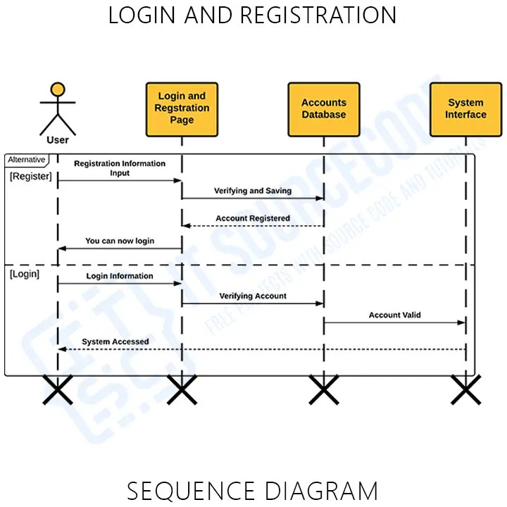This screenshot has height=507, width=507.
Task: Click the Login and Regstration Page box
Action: (182, 109)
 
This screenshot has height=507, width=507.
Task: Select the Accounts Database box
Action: (324, 109)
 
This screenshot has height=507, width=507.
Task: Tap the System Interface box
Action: (465, 109)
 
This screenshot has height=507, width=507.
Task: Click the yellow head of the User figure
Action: (58, 89)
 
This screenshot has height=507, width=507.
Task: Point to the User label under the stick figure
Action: (58, 140)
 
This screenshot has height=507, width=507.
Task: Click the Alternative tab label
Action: (27, 160)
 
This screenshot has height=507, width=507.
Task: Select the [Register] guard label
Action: (31, 177)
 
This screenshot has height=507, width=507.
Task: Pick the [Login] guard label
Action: (25, 274)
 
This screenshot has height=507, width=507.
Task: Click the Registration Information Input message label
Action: (120, 168)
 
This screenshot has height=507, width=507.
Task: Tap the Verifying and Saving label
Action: (253, 191)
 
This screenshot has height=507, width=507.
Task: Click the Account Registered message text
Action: (253, 218)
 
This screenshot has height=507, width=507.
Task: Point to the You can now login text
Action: (120, 241)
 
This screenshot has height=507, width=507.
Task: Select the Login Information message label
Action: (120, 276)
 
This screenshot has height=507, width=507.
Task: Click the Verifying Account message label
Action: (253, 296)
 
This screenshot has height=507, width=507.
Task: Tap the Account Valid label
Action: (395, 315)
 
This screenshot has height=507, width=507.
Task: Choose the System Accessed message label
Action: (115, 342)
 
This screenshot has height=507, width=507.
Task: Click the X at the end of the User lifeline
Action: (58, 389)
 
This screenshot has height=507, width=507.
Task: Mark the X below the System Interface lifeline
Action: (466, 389)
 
